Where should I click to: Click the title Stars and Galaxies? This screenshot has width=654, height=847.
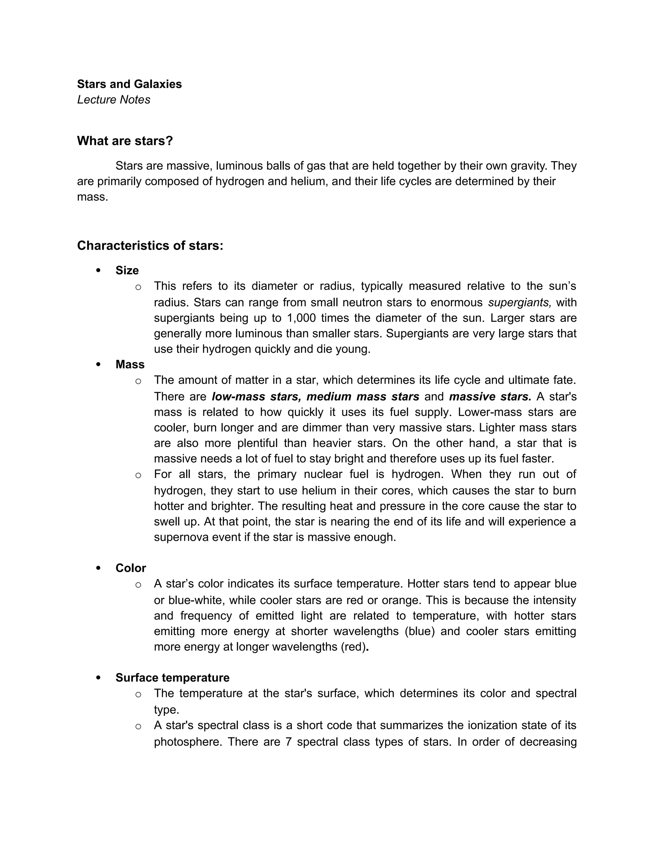[x=129, y=84]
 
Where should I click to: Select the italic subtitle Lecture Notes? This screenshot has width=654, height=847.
[x=113, y=100]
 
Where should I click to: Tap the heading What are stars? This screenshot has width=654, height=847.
[x=125, y=141]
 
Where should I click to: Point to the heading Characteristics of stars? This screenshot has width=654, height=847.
[x=150, y=245]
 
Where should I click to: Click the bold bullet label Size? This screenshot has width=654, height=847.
[x=127, y=270]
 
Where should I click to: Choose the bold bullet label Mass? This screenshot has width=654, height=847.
[x=130, y=365]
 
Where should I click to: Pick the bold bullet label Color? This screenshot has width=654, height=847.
[x=131, y=568]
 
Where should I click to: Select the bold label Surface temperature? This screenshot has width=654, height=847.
[x=172, y=678]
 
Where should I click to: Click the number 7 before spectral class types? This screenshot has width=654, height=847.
[x=288, y=742]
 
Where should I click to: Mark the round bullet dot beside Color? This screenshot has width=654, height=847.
[x=98, y=568]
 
